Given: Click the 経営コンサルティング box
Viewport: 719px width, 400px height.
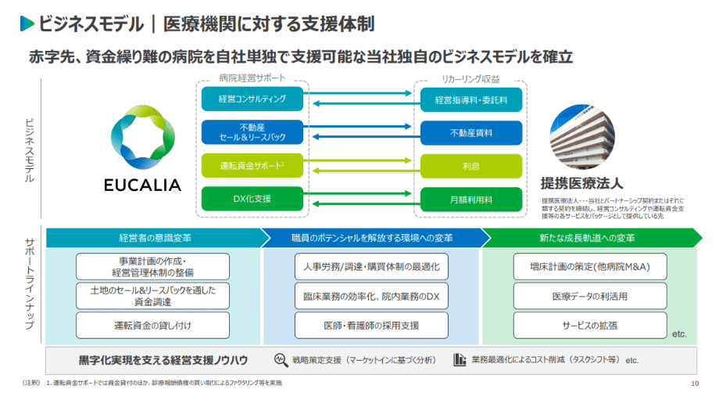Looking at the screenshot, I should [x=251, y=99].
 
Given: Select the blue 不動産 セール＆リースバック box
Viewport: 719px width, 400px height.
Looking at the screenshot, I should [x=251, y=132].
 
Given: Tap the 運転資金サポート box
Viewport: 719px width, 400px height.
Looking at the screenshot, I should [x=251, y=165].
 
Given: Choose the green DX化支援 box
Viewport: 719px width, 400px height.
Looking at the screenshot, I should [x=251, y=198].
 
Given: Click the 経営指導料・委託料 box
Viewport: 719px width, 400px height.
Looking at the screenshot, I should [x=471, y=99].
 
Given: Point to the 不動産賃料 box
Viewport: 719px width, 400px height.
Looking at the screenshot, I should [x=471, y=132].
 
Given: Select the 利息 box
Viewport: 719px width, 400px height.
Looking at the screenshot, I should [x=471, y=165].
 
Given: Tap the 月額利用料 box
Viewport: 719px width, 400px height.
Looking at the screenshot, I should [x=471, y=198].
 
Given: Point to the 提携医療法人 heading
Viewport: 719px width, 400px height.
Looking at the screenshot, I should [x=581, y=184].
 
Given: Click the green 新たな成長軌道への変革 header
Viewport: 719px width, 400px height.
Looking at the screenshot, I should [x=586, y=237].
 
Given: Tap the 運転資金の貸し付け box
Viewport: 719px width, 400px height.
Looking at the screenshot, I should [x=152, y=325].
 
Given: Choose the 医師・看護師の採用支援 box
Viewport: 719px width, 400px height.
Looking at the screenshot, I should [x=371, y=325].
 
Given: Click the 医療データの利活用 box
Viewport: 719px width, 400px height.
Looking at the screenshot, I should [x=589, y=296].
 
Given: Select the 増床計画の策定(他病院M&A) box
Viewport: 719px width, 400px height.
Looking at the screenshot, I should [x=589, y=267].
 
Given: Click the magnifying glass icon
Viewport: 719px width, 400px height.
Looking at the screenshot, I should [x=280, y=360].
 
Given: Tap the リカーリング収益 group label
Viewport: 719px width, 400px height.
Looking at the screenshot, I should [x=470, y=79].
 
